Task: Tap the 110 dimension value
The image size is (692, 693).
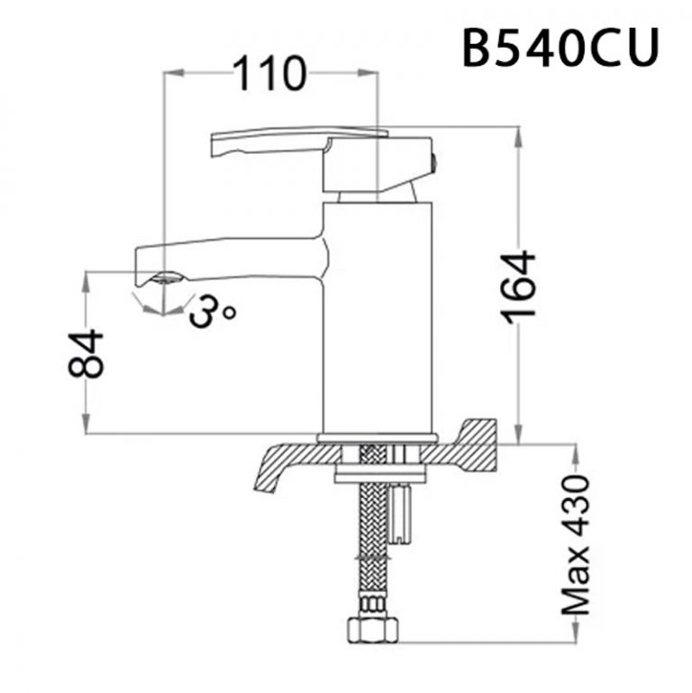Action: click(x=269, y=75)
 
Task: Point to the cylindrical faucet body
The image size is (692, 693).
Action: click(x=378, y=315)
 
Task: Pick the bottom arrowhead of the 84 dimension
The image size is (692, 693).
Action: click(x=87, y=428)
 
